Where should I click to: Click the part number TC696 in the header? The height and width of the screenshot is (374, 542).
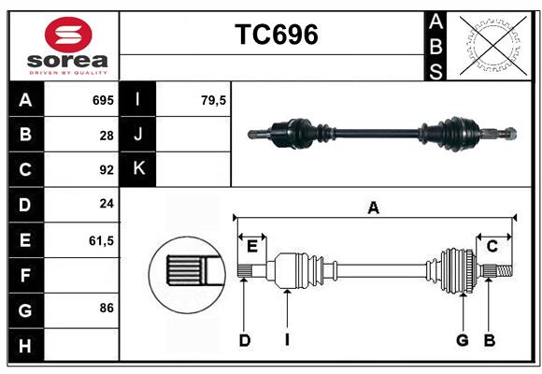(276, 35)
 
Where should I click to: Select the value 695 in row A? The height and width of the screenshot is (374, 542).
(103, 100)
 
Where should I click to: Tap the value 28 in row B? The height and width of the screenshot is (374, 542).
(107, 135)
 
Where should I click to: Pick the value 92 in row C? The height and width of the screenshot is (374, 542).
(107, 170)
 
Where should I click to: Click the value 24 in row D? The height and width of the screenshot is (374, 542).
(107, 205)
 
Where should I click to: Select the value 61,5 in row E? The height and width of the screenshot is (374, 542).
(101, 240)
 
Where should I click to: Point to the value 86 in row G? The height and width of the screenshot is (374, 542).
(107, 308)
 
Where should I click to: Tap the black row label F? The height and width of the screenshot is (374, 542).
(25, 275)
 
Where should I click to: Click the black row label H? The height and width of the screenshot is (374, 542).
(25, 345)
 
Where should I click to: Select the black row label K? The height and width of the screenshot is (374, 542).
(138, 169)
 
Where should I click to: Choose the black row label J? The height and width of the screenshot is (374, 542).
(138, 135)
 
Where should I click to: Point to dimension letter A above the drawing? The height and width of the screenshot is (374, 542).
(373, 208)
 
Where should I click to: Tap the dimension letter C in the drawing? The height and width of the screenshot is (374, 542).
(492, 246)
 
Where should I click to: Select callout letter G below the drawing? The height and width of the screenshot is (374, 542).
(462, 340)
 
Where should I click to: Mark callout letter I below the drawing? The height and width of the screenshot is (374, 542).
(288, 340)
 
